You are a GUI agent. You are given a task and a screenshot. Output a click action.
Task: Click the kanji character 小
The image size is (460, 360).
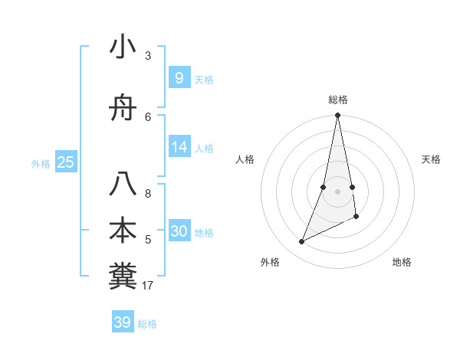pos(123,47)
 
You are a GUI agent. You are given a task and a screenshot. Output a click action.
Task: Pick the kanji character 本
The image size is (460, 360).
pos(123,231)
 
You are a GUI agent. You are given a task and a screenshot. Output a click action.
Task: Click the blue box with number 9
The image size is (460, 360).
pos(179,78)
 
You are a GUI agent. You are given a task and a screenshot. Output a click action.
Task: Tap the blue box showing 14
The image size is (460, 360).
pos(179,147)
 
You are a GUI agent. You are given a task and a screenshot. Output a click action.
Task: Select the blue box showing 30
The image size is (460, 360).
pos(179,231)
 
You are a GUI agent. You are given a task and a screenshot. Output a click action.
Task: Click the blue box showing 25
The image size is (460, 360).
pos(65,162)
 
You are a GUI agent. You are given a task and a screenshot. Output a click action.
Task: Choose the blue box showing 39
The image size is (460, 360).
pos(122,322)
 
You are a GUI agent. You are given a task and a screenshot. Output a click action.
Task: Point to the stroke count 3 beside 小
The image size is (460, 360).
pos(148,56)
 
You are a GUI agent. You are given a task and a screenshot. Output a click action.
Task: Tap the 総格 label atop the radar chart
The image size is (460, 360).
pos(338,100)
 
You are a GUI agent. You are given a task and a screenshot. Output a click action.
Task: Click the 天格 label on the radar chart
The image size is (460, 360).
pos(432,159)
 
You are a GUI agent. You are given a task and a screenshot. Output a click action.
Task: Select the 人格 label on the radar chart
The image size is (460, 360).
pos(245,159)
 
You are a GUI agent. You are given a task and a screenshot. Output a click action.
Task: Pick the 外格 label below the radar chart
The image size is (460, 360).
pos(270,262)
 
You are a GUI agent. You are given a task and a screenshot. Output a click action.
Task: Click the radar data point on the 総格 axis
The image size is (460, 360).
pos(337,116)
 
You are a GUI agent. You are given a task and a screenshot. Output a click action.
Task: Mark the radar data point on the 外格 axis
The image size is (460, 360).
pos(301,242)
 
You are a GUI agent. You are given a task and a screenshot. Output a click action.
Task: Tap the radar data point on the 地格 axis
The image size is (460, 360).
pos(356,217)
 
